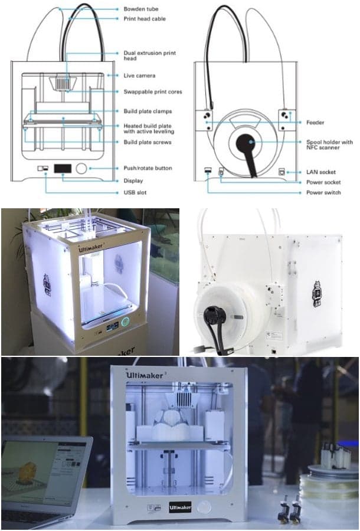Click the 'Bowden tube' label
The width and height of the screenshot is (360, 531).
140,9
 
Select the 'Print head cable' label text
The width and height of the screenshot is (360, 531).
145,19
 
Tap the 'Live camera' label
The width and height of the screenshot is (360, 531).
139,76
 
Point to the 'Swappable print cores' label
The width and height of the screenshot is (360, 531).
152,91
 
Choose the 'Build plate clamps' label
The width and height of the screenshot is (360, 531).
148,111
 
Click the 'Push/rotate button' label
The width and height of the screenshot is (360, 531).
148,168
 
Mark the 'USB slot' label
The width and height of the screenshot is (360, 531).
135,192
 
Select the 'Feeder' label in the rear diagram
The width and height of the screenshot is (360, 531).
315,123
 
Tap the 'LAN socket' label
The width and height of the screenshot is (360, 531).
321,172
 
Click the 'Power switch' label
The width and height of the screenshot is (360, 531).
323,192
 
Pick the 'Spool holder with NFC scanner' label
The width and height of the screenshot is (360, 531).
329,145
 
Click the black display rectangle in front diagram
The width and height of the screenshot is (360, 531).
63,169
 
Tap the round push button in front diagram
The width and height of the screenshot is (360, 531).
81,169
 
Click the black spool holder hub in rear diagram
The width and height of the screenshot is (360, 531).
244,143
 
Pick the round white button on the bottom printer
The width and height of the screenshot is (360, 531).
204,507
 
